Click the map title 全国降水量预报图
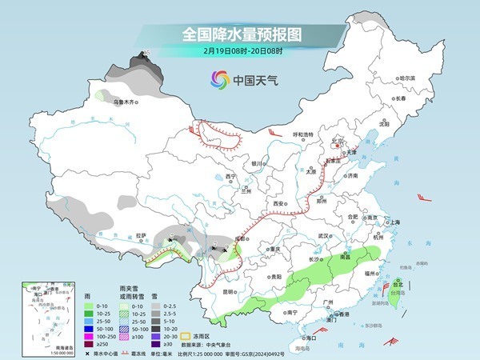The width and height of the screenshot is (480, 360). tap(239, 34)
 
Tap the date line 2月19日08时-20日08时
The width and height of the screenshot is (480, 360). tap(239, 53)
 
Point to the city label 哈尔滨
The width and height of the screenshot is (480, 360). tap(407, 78)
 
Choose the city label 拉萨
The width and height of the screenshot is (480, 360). tap(141, 235)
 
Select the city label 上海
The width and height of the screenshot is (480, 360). tap(393, 222)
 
